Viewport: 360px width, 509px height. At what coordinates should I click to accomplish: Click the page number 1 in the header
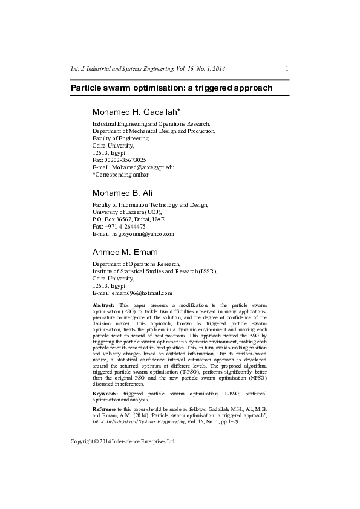click(x=286, y=68)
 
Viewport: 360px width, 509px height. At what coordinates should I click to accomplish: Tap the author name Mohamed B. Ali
click(x=122, y=193)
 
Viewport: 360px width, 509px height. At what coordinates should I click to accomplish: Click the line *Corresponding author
click(x=120, y=174)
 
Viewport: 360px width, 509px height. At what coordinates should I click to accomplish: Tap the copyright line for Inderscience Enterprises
click(x=123, y=441)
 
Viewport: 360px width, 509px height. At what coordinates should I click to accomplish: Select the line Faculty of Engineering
click(x=120, y=138)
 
